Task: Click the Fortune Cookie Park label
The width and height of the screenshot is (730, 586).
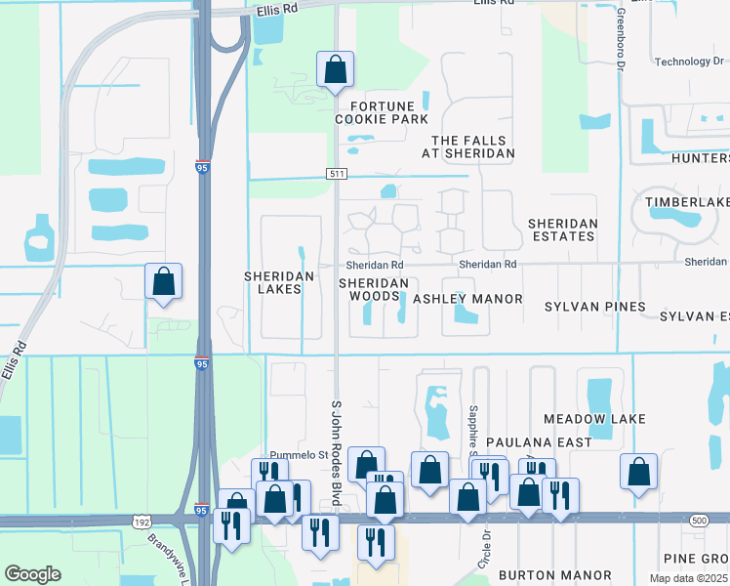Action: pyautogui.click(x=382, y=112)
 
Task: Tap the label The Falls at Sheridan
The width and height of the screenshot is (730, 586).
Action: pyautogui.click(x=473, y=146)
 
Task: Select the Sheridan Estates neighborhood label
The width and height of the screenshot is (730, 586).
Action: pyautogui.click(x=561, y=230)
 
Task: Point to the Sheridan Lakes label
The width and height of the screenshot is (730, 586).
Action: pyautogui.click(x=279, y=282)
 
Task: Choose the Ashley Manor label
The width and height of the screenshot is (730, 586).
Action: pyautogui.click(x=467, y=299)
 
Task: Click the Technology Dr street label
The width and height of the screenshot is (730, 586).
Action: pyautogui.click(x=690, y=62)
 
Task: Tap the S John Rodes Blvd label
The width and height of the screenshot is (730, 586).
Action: pyautogui.click(x=338, y=451)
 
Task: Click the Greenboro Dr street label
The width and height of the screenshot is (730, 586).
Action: pyautogui.click(x=620, y=39)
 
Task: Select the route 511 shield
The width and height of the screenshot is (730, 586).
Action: pyautogui.click(x=336, y=174)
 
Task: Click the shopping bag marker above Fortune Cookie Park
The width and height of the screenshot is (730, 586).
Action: pyautogui.click(x=335, y=70)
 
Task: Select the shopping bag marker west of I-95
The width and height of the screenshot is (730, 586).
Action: pyautogui.click(x=164, y=282)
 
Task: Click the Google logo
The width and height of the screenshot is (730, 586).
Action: pyautogui.click(x=32, y=574)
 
